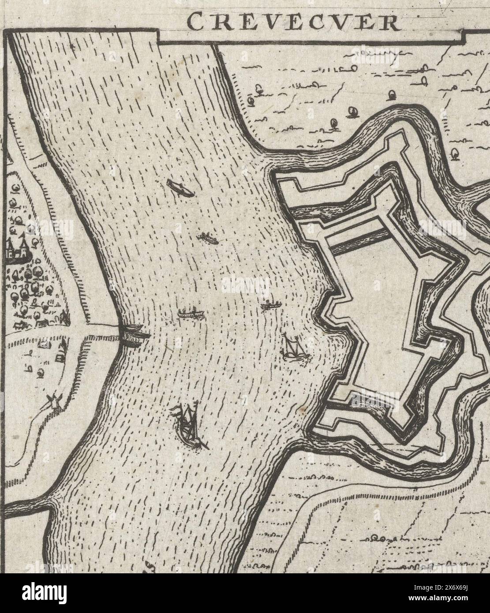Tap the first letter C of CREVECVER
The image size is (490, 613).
194,21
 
